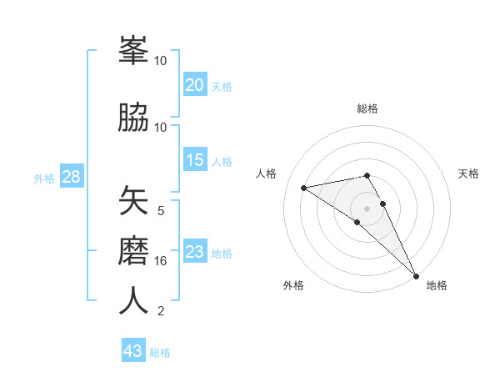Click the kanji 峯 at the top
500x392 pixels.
point(133,53)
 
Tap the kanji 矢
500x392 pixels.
point(133,201)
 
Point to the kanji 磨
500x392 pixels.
point(133,251)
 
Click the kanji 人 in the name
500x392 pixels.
point(133,301)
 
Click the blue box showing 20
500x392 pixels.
point(195,84)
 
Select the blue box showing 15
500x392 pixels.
point(195,160)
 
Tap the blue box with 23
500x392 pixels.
point(195,252)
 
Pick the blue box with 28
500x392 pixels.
point(71,177)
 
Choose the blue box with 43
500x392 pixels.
point(133,351)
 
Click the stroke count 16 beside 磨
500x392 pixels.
point(161,261)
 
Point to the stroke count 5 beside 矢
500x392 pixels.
point(161,211)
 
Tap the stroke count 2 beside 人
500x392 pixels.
point(161,311)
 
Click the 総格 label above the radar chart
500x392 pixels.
point(367,108)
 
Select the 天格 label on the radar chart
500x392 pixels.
point(468,173)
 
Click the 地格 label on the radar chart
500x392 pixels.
point(437,285)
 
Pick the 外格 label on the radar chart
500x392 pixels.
point(293,285)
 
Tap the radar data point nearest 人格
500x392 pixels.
point(304,188)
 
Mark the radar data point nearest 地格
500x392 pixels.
point(416,274)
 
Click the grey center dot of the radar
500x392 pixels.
point(367,208)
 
